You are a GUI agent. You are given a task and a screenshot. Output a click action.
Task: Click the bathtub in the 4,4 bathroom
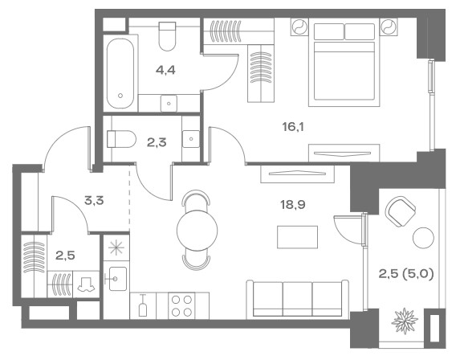coord(120,73)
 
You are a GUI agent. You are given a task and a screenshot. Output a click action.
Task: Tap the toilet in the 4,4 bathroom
coord(167,36)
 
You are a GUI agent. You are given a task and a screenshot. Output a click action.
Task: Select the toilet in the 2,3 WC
coord(121,139)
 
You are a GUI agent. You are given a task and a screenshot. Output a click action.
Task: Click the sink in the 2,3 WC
coord(191,139)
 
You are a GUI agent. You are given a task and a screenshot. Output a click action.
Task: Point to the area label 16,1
coord(293,127)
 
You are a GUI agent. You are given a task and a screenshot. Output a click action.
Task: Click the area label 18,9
coord(293,204)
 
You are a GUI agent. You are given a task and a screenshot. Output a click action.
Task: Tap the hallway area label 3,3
coord(94,201)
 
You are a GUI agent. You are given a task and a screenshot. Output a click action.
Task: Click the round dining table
coord(197,231)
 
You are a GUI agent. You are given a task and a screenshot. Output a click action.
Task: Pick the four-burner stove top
coord(181,305)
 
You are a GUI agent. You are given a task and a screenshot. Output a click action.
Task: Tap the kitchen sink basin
coord(116,278)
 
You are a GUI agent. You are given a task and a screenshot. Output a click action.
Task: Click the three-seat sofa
coord(298,299)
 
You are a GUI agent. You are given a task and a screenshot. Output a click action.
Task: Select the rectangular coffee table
coord(298,237)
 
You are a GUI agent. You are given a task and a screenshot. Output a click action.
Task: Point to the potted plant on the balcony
coord(405,321)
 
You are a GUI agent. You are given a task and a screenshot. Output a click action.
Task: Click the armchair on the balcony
coord(401,211)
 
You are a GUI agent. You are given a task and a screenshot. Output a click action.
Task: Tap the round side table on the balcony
coord(423,238)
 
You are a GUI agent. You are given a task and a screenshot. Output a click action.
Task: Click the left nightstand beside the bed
coord(299,27)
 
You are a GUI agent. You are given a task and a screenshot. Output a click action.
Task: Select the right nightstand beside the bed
coord(389,27)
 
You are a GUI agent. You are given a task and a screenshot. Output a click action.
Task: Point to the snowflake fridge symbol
coord(116,247)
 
